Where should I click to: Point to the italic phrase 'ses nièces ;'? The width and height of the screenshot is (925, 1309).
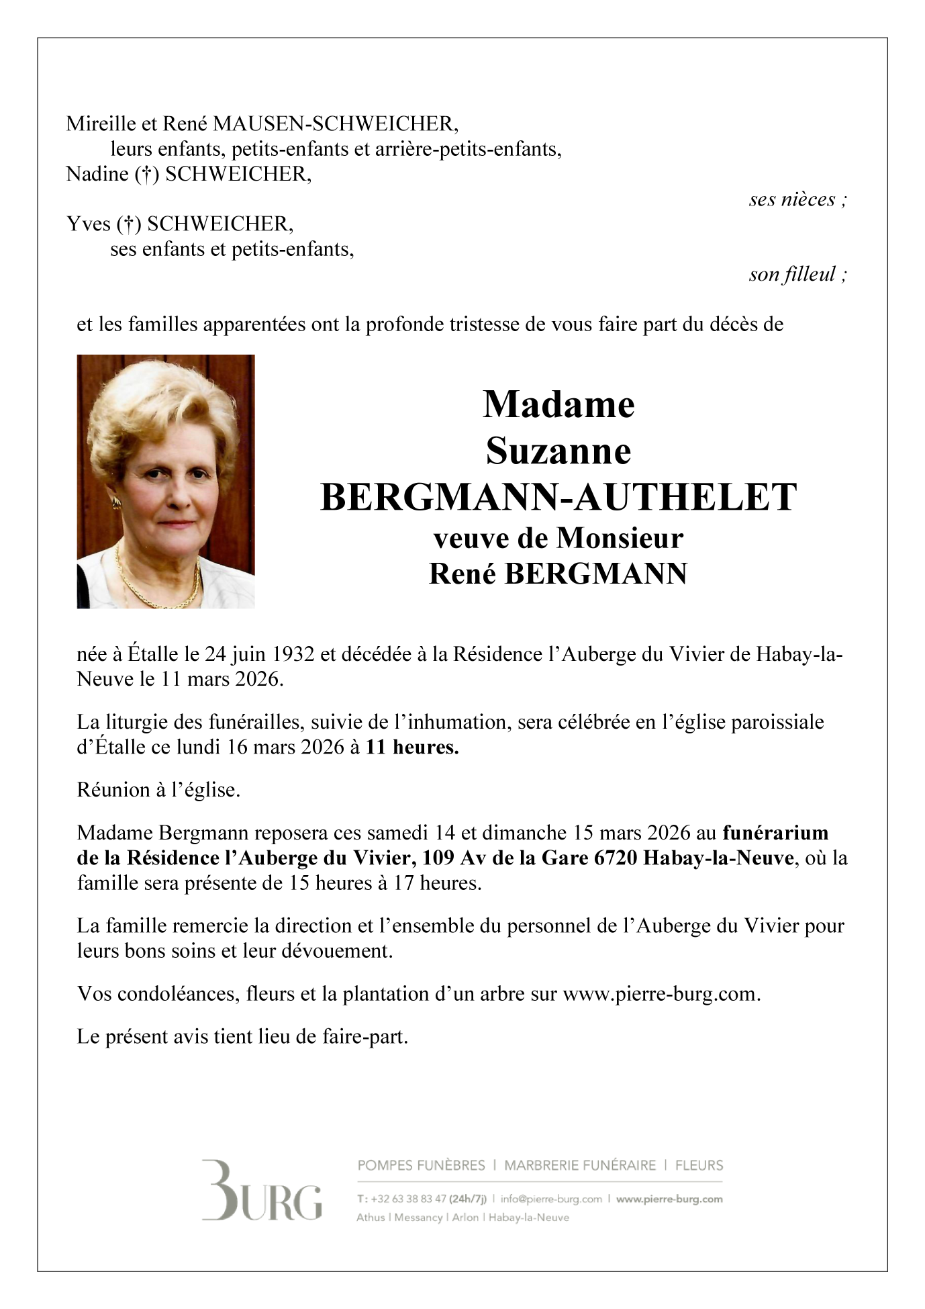coord(797,199)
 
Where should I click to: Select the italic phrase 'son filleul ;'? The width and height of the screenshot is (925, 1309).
coord(797,274)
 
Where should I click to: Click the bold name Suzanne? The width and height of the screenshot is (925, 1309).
coord(558,451)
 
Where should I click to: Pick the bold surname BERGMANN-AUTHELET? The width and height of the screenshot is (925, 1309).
coord(558,498)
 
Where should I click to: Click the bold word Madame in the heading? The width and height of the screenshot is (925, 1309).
coord(558,404)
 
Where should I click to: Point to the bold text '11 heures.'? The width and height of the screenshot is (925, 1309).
coord(412,747)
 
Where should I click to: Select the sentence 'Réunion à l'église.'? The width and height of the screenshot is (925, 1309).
coord(158,790)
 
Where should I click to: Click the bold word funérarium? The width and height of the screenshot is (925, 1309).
coord(775,833)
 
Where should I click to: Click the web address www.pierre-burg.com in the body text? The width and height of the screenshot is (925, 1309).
coord(661,994)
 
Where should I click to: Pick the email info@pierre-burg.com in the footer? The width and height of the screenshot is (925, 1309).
coord(551,1199)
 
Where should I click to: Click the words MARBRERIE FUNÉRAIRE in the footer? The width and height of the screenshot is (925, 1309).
coord(579,1165)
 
